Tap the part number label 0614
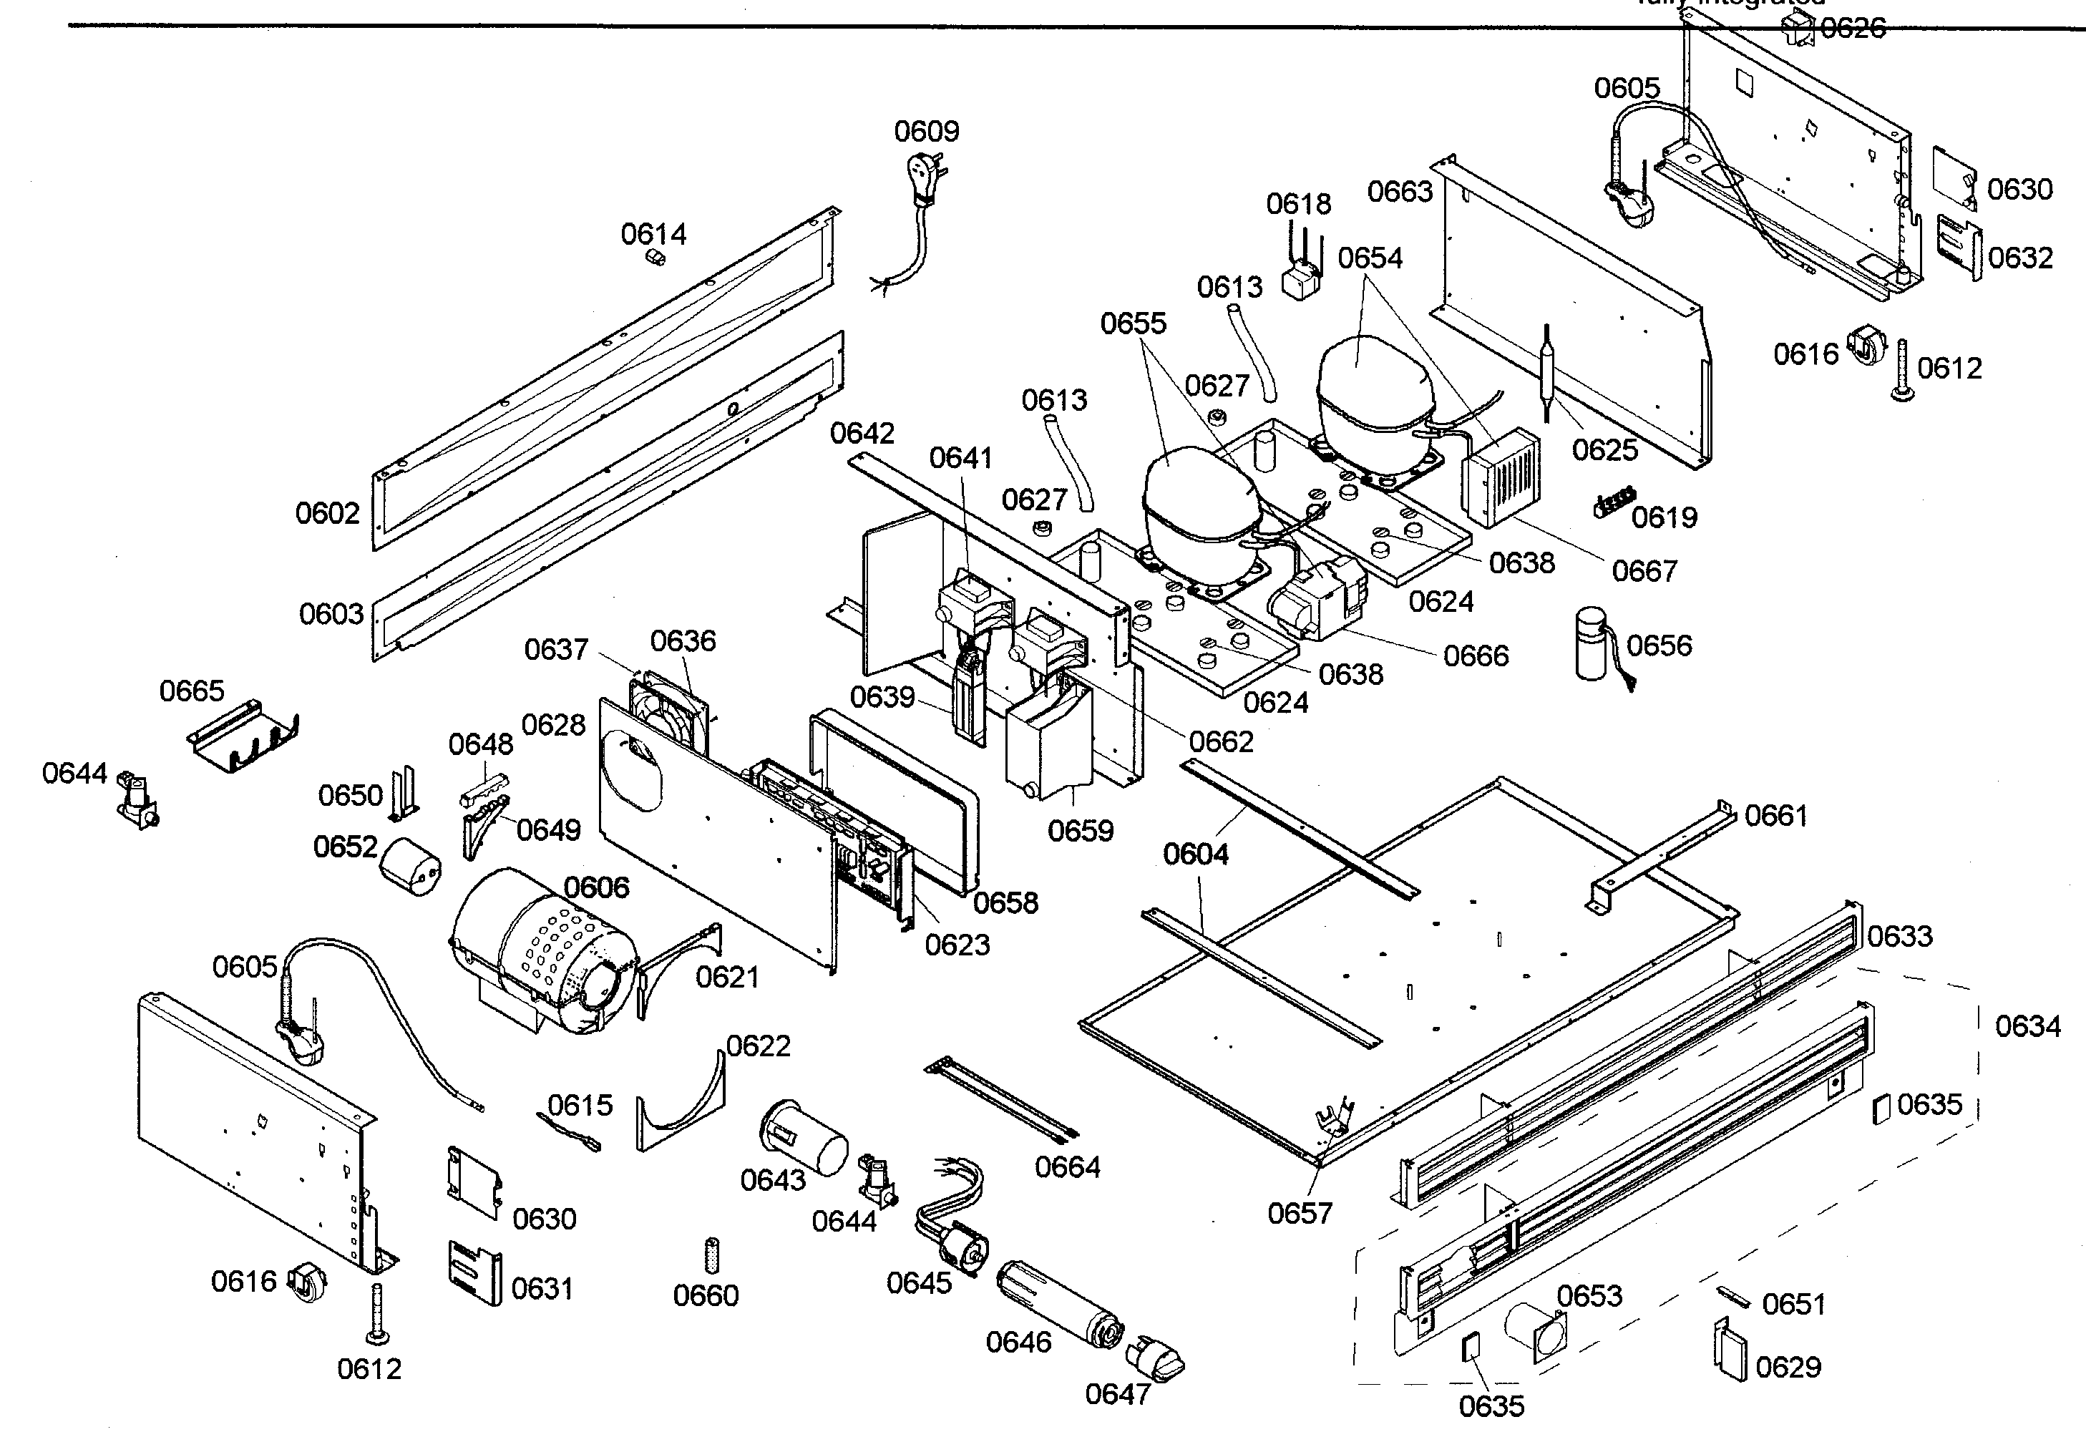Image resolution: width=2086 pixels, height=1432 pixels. pyautogui.click(x=653, y=234)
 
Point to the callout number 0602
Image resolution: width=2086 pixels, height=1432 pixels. pyautogui.click(x=328, y=514)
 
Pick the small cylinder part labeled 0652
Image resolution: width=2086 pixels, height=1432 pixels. pyautogui.click(x=410, y=867)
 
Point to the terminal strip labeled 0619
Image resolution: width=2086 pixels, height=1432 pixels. pyautogui.click(x=1614, y=503)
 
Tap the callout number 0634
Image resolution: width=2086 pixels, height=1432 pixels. pyautogui.click(x=2027, y=1026)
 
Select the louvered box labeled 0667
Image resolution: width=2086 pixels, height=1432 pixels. pyautogui.click(x=1500, y=477)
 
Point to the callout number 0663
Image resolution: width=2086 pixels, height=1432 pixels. pyautogui.click(x=1400, y=191)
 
